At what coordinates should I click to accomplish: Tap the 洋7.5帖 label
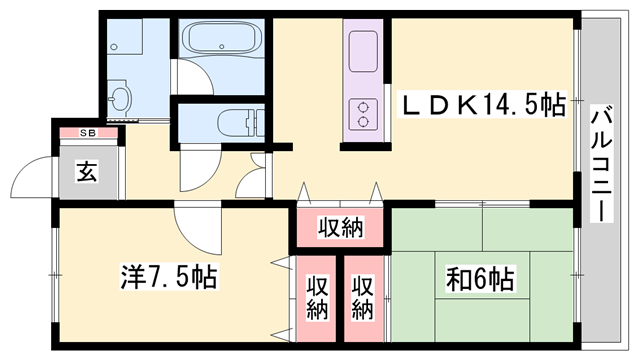(x=169, y=277)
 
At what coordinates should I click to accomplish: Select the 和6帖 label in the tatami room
(x=480, y=279)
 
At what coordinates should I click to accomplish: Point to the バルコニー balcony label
(x=602, y=163)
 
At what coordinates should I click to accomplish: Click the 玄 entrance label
(x=87, y=171)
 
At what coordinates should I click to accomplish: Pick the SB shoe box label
(x=88, y=133)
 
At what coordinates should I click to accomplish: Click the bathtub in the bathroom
(x=222, y=38)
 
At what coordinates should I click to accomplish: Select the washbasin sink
(x=120, y=95)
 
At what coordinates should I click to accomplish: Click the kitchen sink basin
(x=362, y=51)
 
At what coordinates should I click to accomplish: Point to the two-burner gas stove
(x=362, y=114)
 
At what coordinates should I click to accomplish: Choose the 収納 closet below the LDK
(x=340, y=227)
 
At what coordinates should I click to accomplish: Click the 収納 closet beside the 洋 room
(x=316, y=299)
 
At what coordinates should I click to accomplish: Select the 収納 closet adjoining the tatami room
(x=363, y=299)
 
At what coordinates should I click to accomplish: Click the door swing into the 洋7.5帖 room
(x=198, y=228)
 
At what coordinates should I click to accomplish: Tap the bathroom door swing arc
(x=195, y=78)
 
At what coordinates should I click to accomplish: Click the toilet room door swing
(x=200, y=168)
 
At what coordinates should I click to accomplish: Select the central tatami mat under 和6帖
(x=482, y=276)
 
